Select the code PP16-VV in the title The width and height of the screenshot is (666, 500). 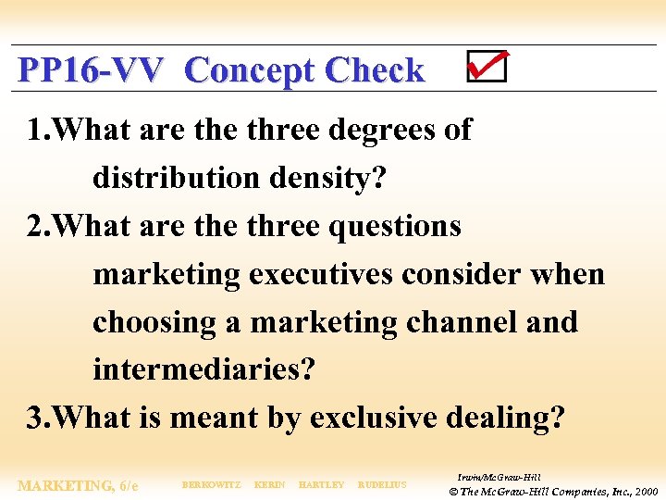tap(91, 70)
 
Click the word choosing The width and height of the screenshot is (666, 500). tap(154, 322)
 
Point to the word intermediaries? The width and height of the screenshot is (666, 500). tap(203, 370)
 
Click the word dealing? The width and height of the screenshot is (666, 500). tap(509, 419)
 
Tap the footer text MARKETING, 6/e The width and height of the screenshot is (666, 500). tap(79, 485)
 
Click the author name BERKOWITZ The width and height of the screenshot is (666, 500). tap(212, 485)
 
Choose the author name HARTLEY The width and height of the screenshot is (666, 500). tap(322, 485)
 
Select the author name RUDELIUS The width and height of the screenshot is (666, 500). tap(382, 485)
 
